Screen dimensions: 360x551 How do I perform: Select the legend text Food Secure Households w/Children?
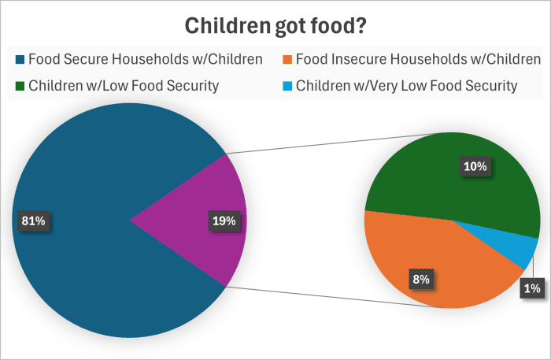[145, 59]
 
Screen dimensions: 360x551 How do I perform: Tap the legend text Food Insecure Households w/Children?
[418, 59]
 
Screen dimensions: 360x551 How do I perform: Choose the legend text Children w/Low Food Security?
[124, 85]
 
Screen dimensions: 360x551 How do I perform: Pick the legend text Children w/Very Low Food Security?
[406, 85]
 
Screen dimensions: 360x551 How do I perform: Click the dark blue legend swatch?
[20, 60]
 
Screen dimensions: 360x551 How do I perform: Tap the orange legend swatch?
[287, 60]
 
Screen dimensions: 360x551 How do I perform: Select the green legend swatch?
[20, 86]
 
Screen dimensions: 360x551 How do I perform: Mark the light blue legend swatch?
[287, 86]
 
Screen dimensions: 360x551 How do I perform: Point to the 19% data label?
[224, 221]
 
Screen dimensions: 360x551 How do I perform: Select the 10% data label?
[475, 166]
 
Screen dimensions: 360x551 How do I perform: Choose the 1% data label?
[532, 288]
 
